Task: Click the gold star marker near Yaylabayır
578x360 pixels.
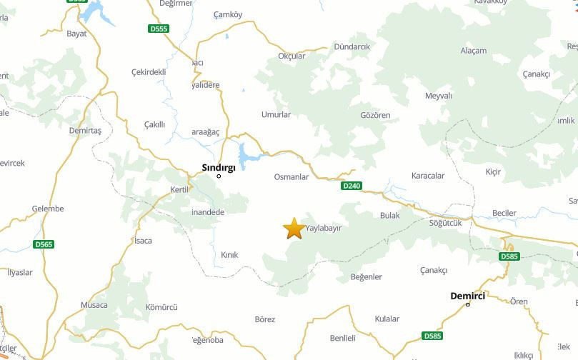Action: (293, 229)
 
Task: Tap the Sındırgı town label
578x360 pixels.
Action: (219, 168)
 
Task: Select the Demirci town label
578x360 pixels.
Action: (467, 296)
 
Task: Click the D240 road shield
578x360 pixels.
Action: (352, 186)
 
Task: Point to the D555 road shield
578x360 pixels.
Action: (159, 29)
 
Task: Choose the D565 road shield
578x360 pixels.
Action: (44, 244)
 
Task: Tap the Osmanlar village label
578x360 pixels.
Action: (292, 177)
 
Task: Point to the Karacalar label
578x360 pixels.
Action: (428, 176)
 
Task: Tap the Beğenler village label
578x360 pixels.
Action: (367, 277)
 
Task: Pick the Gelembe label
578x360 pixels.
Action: (48, 209)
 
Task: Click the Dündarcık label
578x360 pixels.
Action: (352, 46)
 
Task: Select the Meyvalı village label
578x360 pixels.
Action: (439, 96)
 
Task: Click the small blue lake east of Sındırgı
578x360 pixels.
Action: (245, 156)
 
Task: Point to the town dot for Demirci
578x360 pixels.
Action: (468, 305)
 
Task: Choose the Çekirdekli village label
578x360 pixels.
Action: (149, 72)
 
